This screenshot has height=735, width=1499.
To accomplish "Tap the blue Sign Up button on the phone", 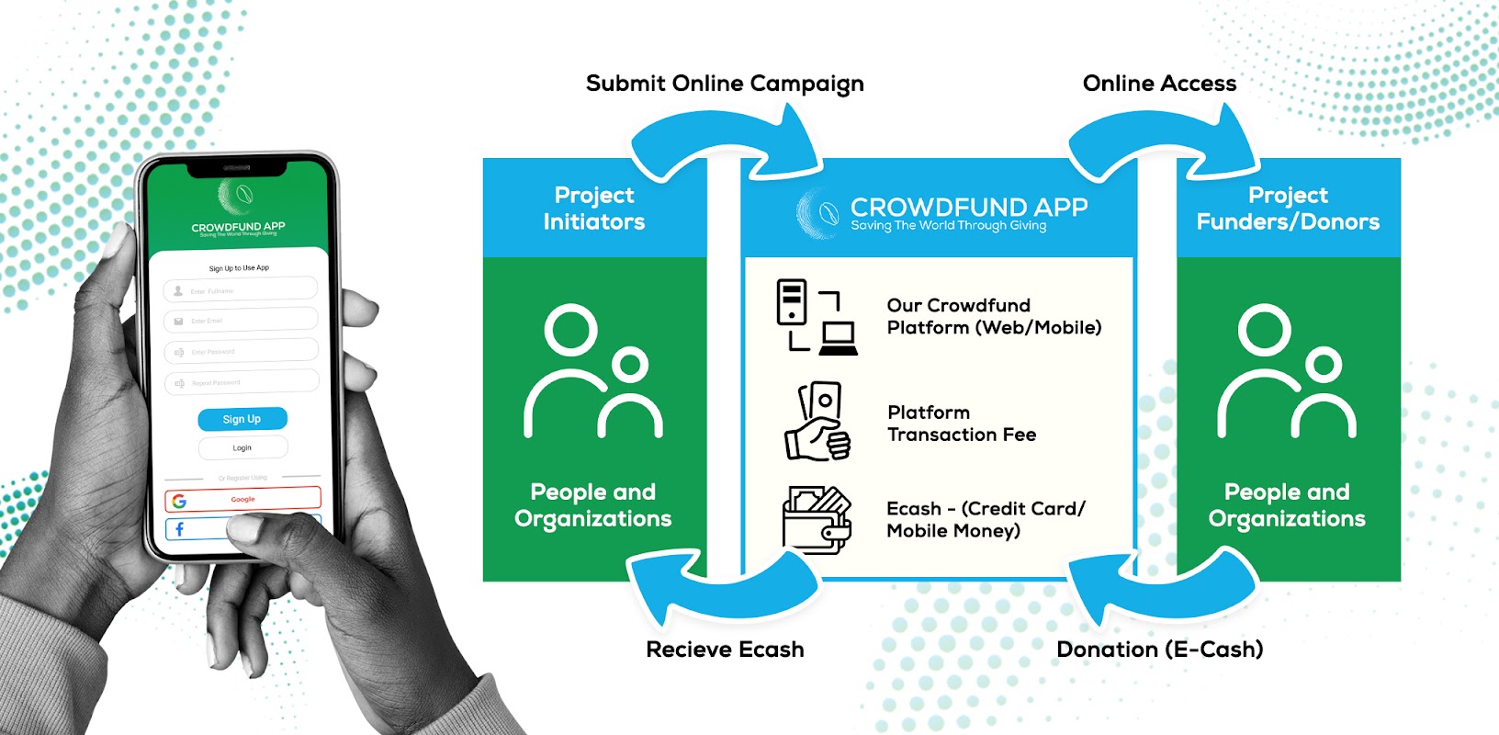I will (242, 419).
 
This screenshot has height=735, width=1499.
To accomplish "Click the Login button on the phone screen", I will (242, 447).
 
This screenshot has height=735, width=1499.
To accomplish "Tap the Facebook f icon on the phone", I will (180, 529).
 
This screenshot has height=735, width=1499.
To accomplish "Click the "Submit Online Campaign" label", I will (725, 84).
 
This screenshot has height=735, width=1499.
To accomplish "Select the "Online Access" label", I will (1159, 84).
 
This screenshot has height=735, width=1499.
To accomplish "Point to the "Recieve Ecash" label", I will (725, 650).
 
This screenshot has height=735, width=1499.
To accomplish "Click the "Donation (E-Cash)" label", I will (1159, 650).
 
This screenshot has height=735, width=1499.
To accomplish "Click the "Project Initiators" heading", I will (594, 209).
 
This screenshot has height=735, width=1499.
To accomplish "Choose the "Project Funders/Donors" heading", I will (1288, 209).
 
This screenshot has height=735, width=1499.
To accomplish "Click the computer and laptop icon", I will (816, 317).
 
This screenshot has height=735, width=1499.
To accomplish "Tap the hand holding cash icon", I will (817, 422).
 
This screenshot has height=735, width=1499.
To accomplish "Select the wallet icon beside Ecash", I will (817, 520).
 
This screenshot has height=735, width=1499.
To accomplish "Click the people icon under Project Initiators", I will (593, 372).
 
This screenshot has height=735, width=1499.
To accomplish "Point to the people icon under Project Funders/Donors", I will (1287, 372).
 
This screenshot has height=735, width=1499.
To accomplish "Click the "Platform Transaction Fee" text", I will (961, 424).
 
